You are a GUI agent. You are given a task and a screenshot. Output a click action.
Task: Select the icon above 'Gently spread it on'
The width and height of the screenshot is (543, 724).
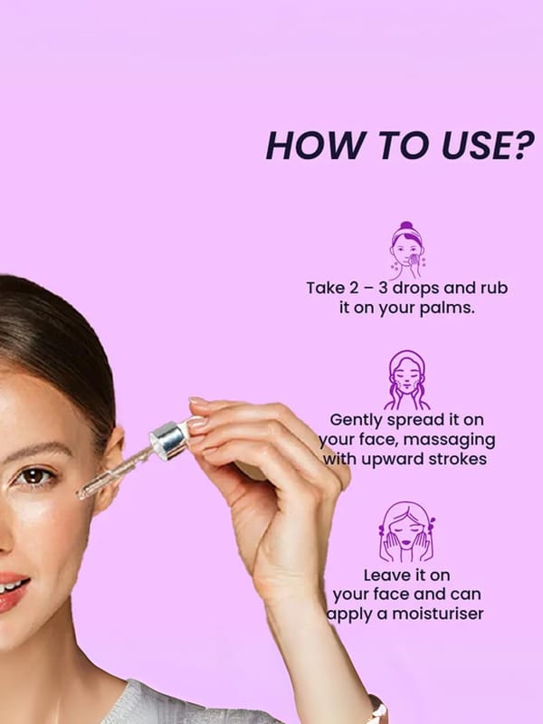406,380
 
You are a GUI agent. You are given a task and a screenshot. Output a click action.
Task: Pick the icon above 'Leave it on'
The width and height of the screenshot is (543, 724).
406,531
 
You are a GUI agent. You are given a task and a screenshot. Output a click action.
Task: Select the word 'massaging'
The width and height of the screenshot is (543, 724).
449,441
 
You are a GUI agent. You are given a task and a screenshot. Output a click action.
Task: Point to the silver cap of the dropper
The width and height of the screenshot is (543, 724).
167,440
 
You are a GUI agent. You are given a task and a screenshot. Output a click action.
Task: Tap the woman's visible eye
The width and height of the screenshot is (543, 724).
34,476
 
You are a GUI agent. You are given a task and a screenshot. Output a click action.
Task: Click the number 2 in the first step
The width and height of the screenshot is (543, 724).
353,288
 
